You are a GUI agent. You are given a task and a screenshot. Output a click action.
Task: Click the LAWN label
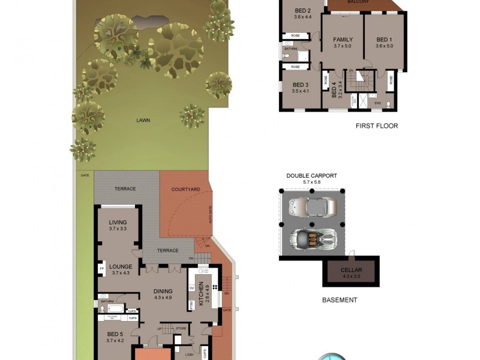click(143, 120)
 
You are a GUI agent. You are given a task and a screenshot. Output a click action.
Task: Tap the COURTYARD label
click(185, 189)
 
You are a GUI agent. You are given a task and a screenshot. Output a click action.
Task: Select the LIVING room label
click(118, 223)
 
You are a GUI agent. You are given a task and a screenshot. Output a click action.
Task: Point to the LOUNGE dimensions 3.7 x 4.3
click(121, 273)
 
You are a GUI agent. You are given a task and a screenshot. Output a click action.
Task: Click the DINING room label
click(163, 291)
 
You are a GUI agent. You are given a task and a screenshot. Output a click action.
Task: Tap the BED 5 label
click(115, 334)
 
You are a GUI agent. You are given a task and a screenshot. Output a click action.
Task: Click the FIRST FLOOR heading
click(377, 126)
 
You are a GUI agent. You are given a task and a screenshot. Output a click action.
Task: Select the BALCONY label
click(358, 2)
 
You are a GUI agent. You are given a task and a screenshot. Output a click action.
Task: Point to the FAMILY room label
click(343, 40)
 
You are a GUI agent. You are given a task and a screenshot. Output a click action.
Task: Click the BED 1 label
click(384, 40)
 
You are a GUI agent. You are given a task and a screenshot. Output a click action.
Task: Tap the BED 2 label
click(303, 11)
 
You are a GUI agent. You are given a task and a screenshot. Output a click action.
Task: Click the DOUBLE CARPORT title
click(311, 176)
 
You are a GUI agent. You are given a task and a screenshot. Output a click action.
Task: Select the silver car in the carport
click(312, 207)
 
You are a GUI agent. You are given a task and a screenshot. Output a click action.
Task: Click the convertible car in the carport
click(312, 238)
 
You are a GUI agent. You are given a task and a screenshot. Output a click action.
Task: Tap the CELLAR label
click(351, 271)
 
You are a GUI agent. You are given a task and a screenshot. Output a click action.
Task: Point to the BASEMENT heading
click(340, 300)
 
